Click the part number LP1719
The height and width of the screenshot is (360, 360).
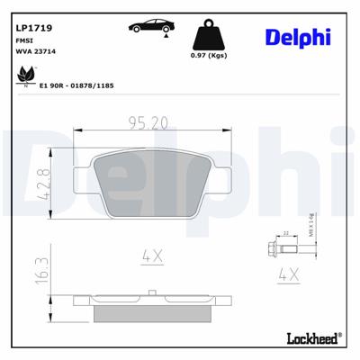(x=33, y=28)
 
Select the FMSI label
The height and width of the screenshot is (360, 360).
(x=25, y=41)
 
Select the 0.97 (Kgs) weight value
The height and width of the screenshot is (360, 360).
(x=209, y=58)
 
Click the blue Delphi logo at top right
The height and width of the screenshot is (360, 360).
(x=297, y=35)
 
